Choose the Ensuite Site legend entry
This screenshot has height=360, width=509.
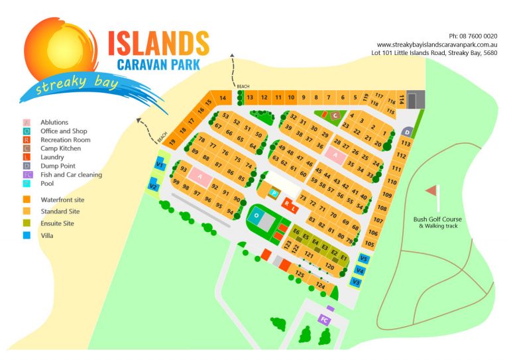click(x=58, y=223)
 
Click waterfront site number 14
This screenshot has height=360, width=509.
click(x=223, y=99)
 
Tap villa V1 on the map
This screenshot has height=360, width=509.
click(x=160, y=164)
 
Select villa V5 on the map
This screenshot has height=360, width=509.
click(x=363, y=259)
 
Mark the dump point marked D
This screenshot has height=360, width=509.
click(x=406, y=132)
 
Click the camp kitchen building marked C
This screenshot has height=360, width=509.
click(x=336, y=115)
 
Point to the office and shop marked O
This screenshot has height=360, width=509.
click(x=256, y=215)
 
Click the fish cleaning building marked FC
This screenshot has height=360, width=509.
click(x=324, y=320)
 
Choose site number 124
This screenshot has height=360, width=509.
click(x=321, y=286)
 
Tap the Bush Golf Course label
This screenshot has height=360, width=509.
click(x=437, y=219)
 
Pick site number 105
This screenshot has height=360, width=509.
click(x=370, y=244)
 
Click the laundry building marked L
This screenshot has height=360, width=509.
click(x=294, y=208)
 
